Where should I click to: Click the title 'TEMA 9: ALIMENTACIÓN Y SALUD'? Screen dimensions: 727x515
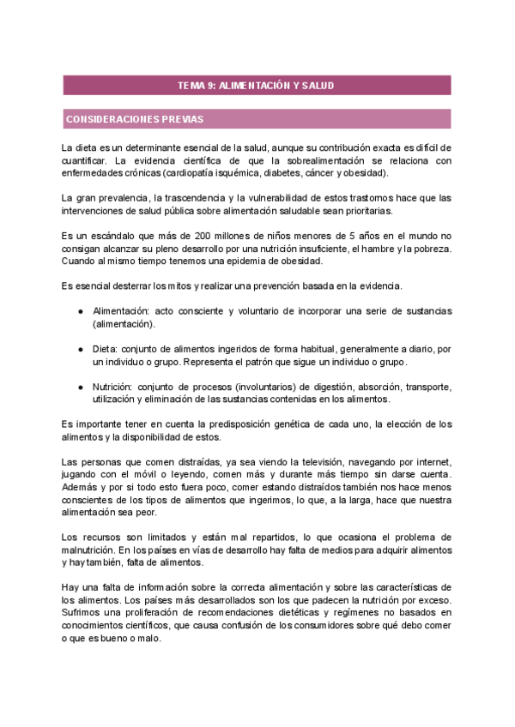click(256, 86)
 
